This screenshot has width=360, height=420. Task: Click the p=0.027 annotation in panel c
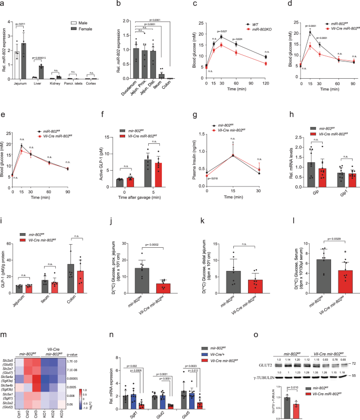pyautogui.click(x=223, y=31)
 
